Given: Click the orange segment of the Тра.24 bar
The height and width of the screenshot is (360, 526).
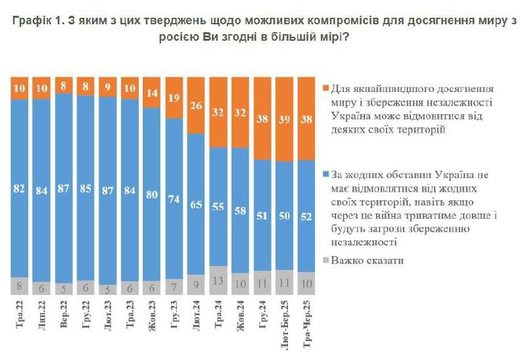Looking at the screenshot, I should click(x=218, y=112).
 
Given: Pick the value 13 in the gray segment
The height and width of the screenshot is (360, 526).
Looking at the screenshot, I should click(x=218, y=281).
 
